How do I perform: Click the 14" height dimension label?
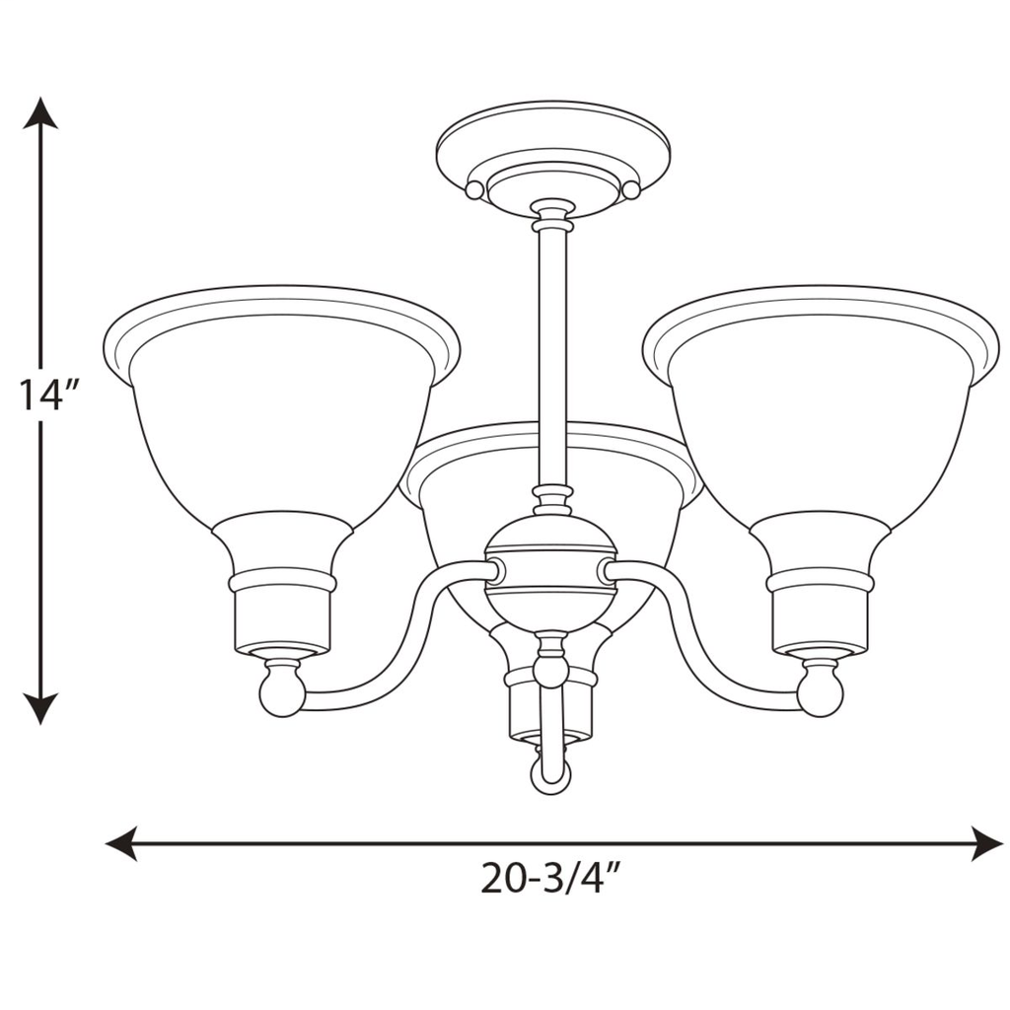click(46, 396)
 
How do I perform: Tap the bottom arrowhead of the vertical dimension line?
click(40, 708)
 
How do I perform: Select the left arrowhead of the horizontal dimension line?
click(121, 844)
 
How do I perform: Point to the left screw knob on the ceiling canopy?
click(474, 189)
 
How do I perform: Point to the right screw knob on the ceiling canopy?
click(631, 189)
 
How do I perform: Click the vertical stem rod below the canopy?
click(552, 355)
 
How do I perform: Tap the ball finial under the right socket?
click(820, 691)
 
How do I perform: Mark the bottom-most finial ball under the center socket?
click(550, 775)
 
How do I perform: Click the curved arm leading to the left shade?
click(395, 651)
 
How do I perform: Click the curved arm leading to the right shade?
click(705, 651)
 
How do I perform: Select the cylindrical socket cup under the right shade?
click(821, 621)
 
